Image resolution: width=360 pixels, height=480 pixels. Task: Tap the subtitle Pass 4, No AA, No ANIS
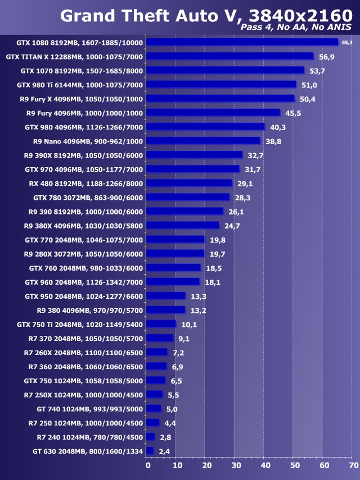(x=296, y=27)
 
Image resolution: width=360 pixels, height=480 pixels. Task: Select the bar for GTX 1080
(x=242, y=42)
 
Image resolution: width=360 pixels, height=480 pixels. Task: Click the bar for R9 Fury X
(x=220, y=98)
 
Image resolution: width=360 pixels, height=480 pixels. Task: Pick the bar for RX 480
(x=189, y=183)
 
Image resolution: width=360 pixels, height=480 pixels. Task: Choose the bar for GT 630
(x=150, y=451)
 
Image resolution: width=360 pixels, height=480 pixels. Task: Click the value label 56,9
(x=326, y=56)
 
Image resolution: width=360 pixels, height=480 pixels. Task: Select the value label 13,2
(x=197, y=310)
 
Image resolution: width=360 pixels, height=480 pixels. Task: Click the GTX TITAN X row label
(x=74, y=56)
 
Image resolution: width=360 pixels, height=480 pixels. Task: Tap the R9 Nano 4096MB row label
(x=88, y=141)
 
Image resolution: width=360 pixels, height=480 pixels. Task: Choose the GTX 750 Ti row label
(x=80, y=324)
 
